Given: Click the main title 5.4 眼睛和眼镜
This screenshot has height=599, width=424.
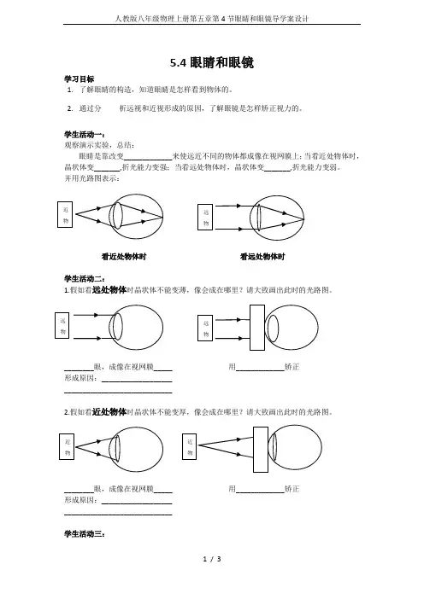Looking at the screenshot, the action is [x=212, y=62].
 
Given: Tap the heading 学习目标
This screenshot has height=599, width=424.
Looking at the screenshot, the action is [x=79, y=79].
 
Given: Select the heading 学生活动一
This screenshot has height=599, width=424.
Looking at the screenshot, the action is [x=85, y=135].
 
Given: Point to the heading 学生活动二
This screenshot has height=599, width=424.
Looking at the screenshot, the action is [x=85, y=279].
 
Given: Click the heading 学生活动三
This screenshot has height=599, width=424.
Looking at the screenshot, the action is [x=85, y=533].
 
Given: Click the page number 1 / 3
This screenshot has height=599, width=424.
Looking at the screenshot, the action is [x=212, y=559].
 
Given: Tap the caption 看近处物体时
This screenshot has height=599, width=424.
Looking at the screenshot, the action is [x=124, y=257].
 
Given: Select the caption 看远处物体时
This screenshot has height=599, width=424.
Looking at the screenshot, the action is [x=262, y=257].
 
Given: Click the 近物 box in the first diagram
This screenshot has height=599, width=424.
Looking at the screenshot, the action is [x=65, y=215].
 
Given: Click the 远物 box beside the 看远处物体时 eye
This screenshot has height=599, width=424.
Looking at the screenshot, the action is [x=205, y=218].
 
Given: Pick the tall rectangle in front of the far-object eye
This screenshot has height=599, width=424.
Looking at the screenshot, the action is [x=257, y=328].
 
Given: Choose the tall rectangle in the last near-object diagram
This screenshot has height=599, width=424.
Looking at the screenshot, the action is [x=261, y=449].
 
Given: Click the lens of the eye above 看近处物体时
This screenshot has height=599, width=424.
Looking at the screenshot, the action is [x=116, y=216].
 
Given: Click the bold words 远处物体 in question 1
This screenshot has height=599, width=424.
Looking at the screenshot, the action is [x=109, y=290].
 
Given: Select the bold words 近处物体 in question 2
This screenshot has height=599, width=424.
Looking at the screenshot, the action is [x=109, y=412].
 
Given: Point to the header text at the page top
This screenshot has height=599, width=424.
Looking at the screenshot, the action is [x=212, y=18].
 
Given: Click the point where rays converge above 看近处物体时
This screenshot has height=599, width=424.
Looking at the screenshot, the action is [x=162, y=217].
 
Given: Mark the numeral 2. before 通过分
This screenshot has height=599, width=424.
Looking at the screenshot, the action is [x=70, y=108].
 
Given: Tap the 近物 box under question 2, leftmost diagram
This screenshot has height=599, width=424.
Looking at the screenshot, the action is [x=67, y=446].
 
